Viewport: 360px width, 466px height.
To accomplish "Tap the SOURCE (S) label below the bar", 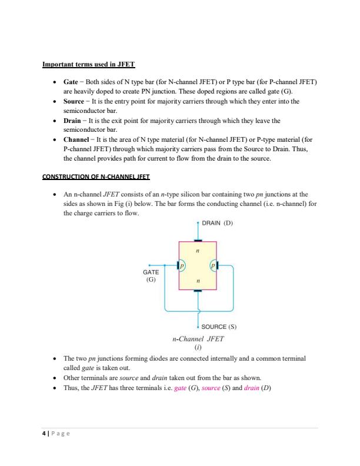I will tap(218, 326).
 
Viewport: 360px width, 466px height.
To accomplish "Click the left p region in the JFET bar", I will tap(182, 266).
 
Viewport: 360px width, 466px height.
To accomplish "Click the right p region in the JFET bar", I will tap(212, 266).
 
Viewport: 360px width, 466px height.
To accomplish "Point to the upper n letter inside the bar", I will tap(197, 251).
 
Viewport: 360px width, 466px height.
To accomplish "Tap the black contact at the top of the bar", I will tap(198, 241).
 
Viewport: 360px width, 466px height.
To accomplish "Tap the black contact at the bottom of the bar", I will tap(198, 291).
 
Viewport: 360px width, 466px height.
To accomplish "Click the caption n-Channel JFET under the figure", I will tap(198, 339).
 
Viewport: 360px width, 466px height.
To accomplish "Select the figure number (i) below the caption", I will tap(198, 348).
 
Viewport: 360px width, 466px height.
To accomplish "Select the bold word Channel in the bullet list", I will tap(78, 139).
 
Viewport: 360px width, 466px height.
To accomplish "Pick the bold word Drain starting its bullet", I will tap(74, 121).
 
